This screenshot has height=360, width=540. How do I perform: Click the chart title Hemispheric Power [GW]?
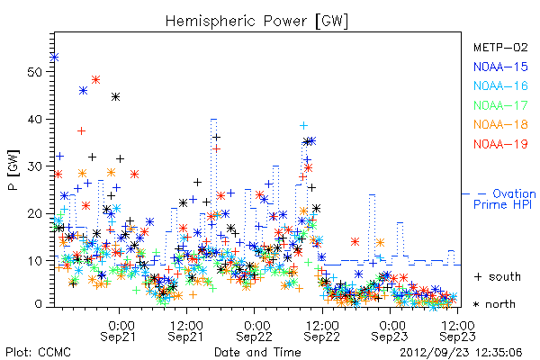pyautogui.click(x=256, y=22)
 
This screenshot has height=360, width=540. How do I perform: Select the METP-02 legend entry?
pyautogui.click(x=500, y=47)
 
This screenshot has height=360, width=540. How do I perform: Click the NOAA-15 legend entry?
pyautogui.click(x=500, y=67)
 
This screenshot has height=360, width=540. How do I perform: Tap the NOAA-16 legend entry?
pyautogui.click(x=500, y=85)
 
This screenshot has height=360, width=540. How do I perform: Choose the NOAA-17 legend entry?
pyautogui.click(x=500, y=105)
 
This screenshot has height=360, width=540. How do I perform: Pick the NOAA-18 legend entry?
pyautogui.click(x=500, y=124)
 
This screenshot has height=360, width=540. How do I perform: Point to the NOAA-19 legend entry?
pyautogui.click(x=500, y=144)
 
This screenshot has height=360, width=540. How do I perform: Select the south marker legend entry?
pyautogui.click(x=498, y=276)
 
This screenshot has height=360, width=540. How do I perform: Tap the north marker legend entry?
pyautogui.click(x=494, y=304)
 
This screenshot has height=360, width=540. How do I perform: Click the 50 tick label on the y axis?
pyautogui.click(x=34, y=72)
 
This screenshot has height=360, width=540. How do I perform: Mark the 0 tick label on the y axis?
pyautogui.click(x=38, y=304)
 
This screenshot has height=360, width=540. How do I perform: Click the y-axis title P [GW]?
pyautogui.click(x=13, y=170)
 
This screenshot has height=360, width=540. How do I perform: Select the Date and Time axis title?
pyautogui.click(x=257, y=352)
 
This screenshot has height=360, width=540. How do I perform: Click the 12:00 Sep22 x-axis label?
pyautogui.click(x=322, y=331)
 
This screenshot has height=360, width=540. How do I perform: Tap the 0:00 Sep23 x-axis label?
pyautogui.click(x=390, y=331)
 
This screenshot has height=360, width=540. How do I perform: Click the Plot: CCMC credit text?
pyautogui.click(x=38, y=352)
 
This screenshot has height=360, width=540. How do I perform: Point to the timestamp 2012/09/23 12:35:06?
pyautogui.click(x=461, y=353)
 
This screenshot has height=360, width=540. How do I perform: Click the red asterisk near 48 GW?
pyautogui.click(x=95, y=80)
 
